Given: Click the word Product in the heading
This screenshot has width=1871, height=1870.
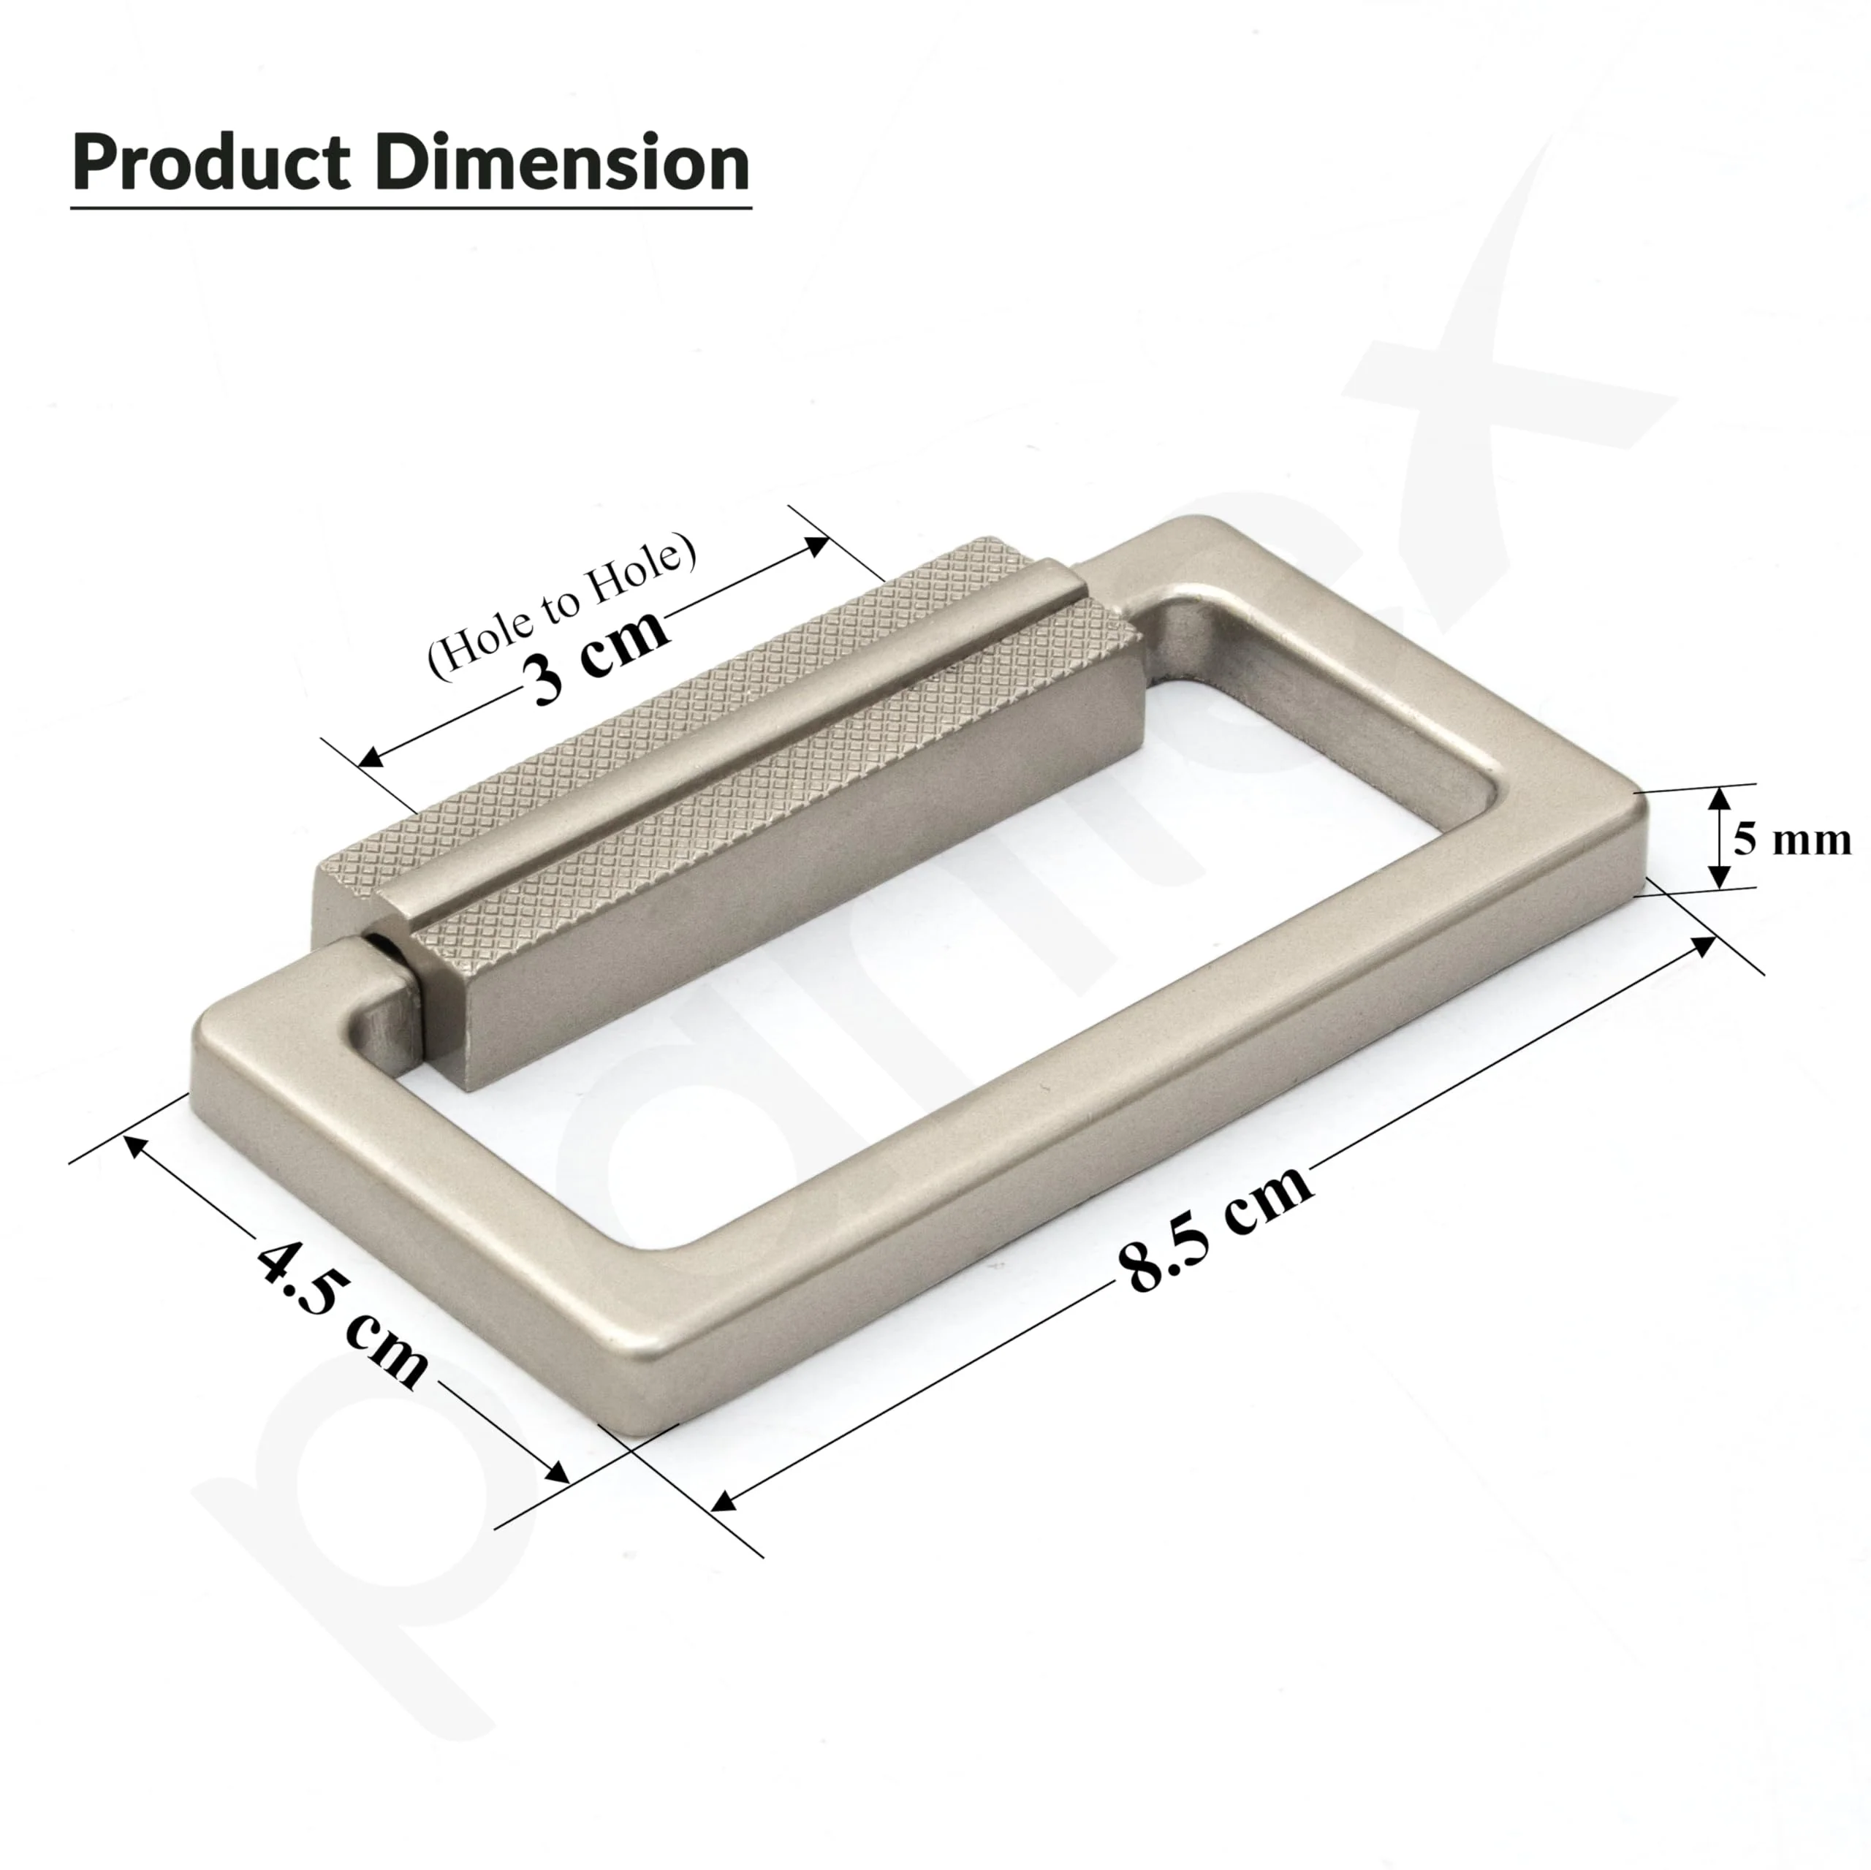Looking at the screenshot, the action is [211, 163].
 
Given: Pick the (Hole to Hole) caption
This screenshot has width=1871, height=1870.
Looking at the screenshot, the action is [562, 605].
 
